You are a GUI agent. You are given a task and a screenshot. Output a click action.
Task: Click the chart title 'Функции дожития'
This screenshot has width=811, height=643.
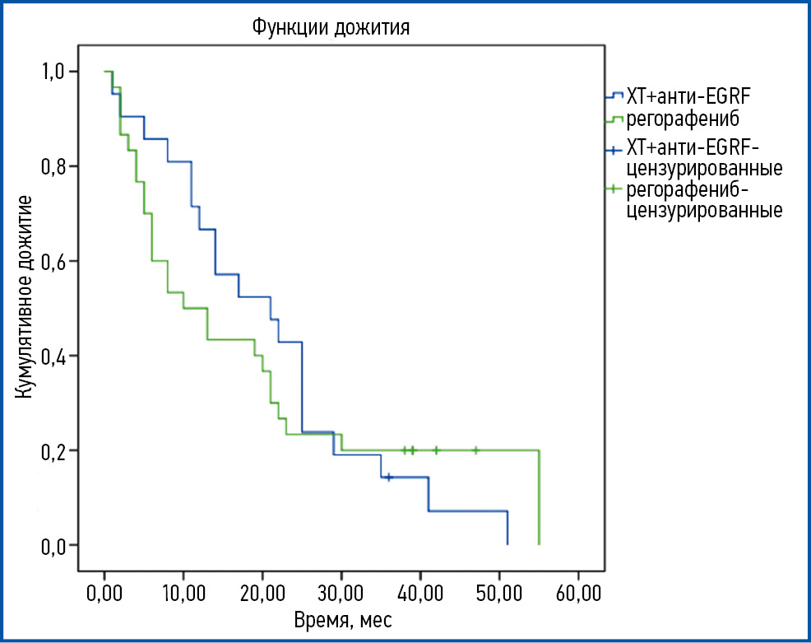coord(331,28)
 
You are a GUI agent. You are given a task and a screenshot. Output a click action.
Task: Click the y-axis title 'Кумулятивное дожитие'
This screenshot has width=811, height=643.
coord(25,296)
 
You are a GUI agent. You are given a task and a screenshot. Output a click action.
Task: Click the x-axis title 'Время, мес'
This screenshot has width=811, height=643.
coord(342,619)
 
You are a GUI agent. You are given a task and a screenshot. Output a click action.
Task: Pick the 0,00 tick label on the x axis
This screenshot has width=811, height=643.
coord(104,594)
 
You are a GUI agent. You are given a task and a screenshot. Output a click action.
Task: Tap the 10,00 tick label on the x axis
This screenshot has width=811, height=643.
coord(183,594)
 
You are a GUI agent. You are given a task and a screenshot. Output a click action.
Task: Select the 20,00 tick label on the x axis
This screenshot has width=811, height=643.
coord(262,594)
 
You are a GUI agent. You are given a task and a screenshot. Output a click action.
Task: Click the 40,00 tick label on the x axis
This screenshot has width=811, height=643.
coord(420,594)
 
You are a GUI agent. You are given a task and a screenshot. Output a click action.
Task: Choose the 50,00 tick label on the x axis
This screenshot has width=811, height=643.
coord(499,594)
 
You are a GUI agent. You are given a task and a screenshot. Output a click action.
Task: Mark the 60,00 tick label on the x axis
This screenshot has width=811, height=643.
coord(578,594)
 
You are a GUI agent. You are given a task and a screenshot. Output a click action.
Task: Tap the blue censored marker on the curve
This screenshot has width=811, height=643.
coord(389,478)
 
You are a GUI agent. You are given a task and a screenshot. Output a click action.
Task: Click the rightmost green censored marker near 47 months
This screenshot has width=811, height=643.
coord(475,450)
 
